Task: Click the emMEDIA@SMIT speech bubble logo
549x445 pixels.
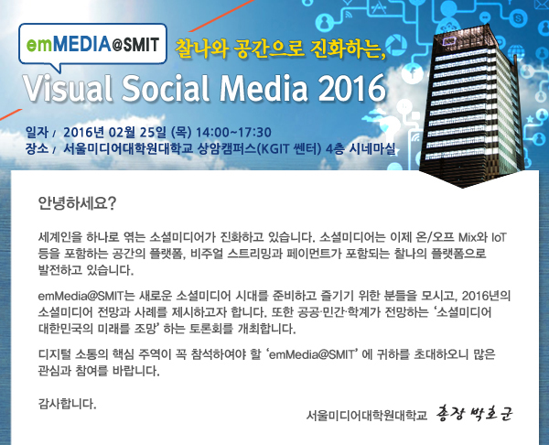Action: [92, 45]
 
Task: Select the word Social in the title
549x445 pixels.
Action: [166, 87]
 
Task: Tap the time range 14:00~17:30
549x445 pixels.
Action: [233, 133]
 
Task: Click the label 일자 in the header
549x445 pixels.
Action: [37, 133]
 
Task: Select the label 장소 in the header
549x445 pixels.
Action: [37, 148]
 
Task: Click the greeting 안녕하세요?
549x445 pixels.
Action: [77, 203]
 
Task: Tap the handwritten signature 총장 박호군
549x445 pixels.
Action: [474, 414]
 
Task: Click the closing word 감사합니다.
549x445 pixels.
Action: [67, 404]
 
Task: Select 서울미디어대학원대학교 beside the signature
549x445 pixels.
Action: [367, 415]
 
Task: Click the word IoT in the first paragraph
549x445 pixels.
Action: [499, 237]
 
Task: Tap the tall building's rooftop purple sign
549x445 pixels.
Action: [449, 41]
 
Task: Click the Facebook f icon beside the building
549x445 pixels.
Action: [414, 73]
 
